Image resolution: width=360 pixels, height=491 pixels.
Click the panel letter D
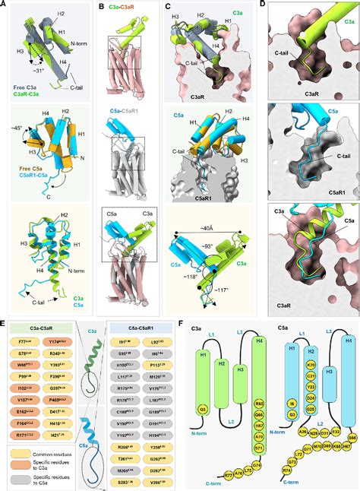point(264,5)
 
